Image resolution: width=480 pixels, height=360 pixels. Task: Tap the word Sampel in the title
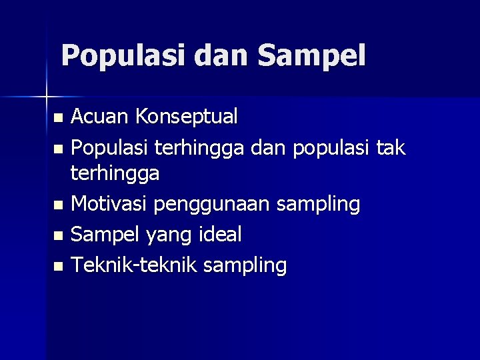click(x=312, y=56)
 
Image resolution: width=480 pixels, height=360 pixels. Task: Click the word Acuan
click(x=100, y=117)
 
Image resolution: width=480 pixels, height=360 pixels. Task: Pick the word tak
click(x=391, y=147)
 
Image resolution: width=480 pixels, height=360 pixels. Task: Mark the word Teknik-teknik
click(x=134, y=265)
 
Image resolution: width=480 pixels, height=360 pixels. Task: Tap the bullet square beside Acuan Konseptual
click(x=58, y=119)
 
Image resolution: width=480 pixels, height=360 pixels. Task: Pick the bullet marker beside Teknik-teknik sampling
click(x=58, y=266)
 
